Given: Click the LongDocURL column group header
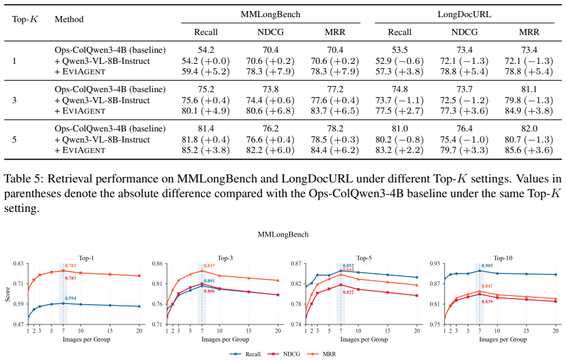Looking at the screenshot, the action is pyautogui.click(x=464, y=14).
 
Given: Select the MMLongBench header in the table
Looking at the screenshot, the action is pyautogui.click(x=270, y=14).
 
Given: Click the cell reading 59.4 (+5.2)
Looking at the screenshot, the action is pyautogui.click(x=206, y=71).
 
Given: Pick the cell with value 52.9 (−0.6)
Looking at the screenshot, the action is pyautogui.click(x=399, y=61).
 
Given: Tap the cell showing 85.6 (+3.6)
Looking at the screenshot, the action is pyautogui.click(x=529, y=150).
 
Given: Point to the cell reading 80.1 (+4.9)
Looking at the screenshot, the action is pyautogui.click(x=206, y=111).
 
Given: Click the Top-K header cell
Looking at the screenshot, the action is pyautogui.click(x=25, y=19).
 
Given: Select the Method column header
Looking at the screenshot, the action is pyautogui.click(x=69, y=19).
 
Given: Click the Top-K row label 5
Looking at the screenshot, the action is pyautogui.click(x=14, y=139).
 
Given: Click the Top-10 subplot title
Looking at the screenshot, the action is pyautogui.click(x=503, y=258).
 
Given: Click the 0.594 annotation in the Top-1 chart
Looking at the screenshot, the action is pyautogui.click(x=71, y=299).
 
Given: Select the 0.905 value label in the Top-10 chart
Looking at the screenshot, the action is pyautogui.click(x=487, y=266).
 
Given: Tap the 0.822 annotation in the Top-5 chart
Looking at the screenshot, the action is pyautogui.click(x=348, y=292).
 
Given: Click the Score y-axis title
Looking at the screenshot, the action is pyautogui.click(x=7, y=294).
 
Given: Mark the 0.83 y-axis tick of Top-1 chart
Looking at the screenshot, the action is pyautogui.click(x=19, y=264).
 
